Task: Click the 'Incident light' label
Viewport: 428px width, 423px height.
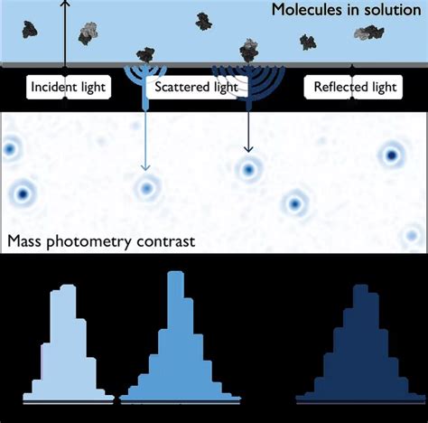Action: click(x=69, y=88)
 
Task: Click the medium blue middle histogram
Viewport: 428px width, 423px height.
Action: click(x=177, y=348)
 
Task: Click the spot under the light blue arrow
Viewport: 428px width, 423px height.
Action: click(x=146, y=188)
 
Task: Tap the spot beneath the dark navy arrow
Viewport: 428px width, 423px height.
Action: click(x=247, y=169)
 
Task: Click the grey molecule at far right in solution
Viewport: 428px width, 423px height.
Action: click(x=368, y=33)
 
